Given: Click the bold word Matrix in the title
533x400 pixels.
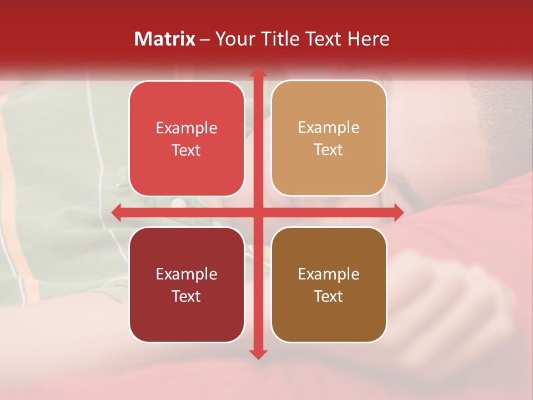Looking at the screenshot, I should tap(165, 39).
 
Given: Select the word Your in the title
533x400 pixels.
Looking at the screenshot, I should tap(234, 39).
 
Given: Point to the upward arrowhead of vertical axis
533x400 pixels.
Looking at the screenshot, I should tap(258, 72).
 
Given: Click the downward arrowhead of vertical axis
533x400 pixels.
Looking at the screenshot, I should tap(258, 354).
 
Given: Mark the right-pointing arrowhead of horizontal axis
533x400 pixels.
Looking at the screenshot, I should tap(399, 212).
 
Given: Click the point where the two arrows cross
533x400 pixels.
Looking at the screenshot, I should tap(258, 212).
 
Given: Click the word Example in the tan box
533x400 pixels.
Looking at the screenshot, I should tap(329, 128).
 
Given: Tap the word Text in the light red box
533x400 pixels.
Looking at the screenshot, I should tap(187, 151).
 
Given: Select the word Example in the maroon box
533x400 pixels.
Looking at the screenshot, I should tap(187, 274).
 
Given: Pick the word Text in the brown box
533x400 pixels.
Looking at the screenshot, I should tap(329, 296).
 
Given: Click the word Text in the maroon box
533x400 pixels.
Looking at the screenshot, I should tap(187, 296).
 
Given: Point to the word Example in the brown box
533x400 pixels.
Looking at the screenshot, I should tap(329, 274).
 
